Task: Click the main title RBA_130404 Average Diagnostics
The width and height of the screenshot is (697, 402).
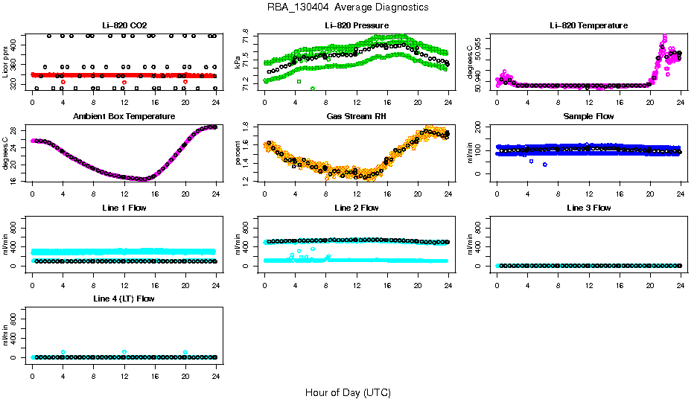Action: coord(348,7)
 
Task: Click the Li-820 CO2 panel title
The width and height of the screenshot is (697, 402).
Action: coord(124,25)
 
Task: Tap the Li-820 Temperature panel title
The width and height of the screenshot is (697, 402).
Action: coord(588,25)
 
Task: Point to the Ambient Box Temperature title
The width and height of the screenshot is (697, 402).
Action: coord(124,117)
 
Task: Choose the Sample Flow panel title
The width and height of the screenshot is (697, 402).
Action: coord(588,117)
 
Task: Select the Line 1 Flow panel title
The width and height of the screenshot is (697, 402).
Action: coord(124,208)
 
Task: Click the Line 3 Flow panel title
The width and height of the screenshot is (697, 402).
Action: coord(588,208)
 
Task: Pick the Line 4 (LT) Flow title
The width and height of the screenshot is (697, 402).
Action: coord(124,299)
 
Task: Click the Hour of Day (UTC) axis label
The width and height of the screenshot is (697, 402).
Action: coord(348,392)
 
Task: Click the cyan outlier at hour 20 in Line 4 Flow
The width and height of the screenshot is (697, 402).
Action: coord(185,352)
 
